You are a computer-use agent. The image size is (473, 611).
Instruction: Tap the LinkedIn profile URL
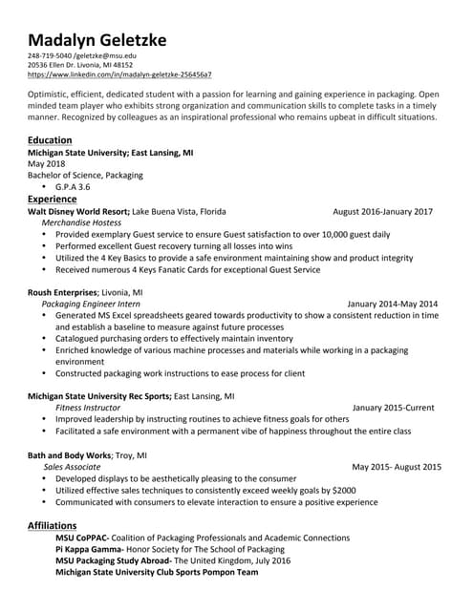[x=119, y=74]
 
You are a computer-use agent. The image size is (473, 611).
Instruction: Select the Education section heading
[x=50, y=139]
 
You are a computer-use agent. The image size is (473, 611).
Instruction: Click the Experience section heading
[x=53, y=199]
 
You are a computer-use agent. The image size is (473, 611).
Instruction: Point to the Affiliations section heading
[x=54, y=525]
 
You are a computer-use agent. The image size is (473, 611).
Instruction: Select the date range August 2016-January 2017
[x=382, y=211]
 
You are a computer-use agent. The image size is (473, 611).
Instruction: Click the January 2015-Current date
[x=393, y=408]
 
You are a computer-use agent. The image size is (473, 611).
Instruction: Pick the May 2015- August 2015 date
[x=397, y=467]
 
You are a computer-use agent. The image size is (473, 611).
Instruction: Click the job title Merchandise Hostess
[x=81, y=222]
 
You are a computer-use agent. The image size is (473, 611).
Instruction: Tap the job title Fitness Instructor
[x=81, y=408]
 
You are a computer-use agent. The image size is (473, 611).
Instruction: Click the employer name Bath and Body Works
[x=69, y=455]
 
